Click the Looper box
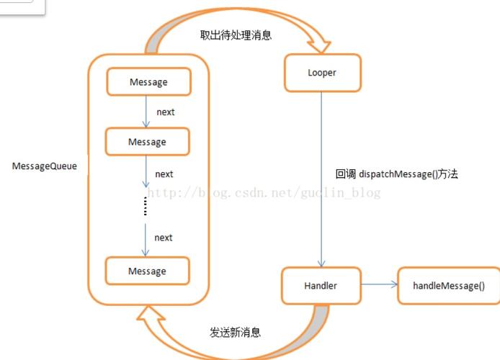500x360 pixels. coord(322,73)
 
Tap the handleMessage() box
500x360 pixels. coord(439,286)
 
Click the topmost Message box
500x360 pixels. coord(148,82)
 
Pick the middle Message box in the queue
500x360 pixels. coord(147,142)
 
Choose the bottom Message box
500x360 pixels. coord(147,271)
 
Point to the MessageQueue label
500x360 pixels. coord(45,166)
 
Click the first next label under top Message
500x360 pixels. coord(165,112)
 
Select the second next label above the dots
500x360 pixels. coord(164,174)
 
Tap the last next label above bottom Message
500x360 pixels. coord(164,238)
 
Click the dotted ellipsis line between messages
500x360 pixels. coord(146,206)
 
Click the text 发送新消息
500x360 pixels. coord(235,333)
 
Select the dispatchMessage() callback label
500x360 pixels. coord(396,174)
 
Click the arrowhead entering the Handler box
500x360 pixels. coord(321,264)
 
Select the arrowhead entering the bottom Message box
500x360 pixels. coord(146,253)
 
